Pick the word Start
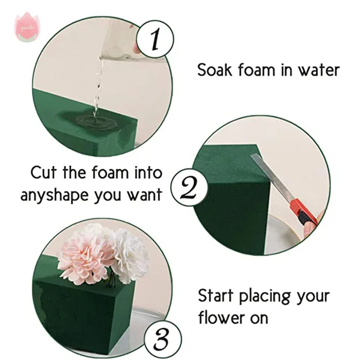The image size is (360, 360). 216,297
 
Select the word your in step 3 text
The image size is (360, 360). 314,297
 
